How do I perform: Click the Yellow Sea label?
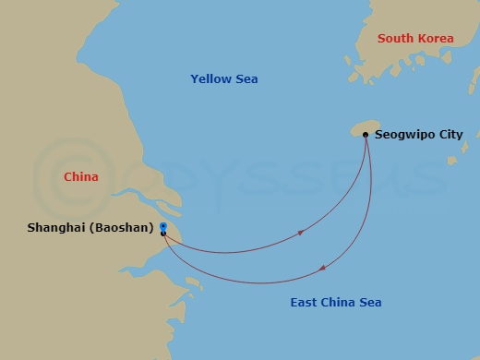[x=223, y=79]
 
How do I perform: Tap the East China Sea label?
[x=335, y=303]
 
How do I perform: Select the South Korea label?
[x=415, y=39]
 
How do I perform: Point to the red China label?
[x=81, y=176]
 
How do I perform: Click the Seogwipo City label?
[x=418, y=135]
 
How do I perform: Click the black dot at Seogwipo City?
[x=366, y=135]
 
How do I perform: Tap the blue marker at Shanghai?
[x=163, y=225]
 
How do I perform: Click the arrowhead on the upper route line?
[x=301, y=233]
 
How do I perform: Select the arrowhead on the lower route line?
[x=323, y=269]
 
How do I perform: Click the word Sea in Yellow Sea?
[x=246, y=79]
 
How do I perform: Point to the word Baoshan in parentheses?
[x=122, y=228]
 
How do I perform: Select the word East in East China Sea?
[x=304, y=303]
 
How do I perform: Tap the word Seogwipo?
[x=403, y=135]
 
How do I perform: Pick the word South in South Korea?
[x=395, y=39]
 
